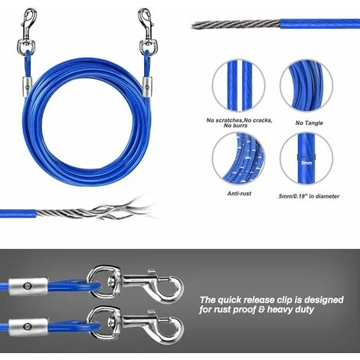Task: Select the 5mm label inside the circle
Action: point(306,162)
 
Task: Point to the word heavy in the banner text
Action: point(296,312)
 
